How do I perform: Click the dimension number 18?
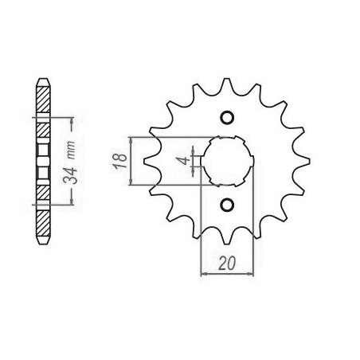119,161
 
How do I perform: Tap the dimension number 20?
227,264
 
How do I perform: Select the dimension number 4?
183,161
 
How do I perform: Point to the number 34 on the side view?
70,176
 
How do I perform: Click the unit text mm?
71,151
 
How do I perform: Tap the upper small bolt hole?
227,117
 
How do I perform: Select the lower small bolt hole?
227,205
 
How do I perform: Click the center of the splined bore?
227,161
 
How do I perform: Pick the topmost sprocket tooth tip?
226,79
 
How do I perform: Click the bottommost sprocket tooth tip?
226,243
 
